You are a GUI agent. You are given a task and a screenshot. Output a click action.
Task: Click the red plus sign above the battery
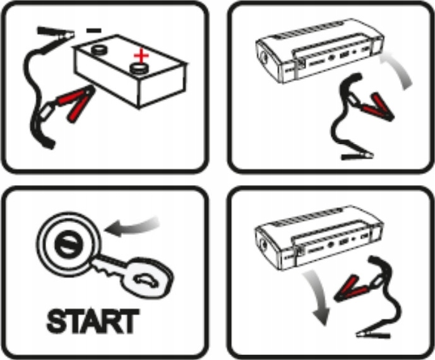click(141, 56)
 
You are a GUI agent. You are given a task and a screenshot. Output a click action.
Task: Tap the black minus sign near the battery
click(94, 30)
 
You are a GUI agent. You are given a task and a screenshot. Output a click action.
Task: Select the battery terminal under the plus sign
click(140, 68)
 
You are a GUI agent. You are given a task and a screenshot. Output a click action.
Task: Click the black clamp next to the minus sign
click(56, 32)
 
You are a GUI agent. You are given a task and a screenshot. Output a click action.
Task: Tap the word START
click(93, 321)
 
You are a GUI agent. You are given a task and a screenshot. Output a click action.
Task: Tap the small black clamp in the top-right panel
click(357, 155)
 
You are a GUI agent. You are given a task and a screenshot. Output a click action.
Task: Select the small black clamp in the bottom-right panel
click(374, 334)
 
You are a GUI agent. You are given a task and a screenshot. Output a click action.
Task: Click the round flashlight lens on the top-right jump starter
click(263, 59)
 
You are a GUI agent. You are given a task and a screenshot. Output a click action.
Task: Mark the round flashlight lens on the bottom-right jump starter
click(263, 244)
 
